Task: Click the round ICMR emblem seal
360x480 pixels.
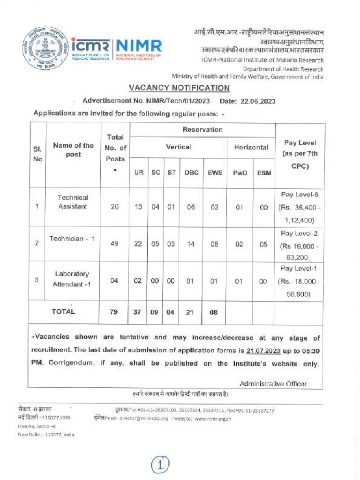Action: point(45,48)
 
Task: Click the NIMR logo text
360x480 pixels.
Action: point(139,46)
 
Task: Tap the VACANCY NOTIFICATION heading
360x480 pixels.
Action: point(180,88)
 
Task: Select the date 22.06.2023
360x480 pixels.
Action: point(258,101)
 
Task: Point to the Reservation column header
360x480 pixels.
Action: point(202,129)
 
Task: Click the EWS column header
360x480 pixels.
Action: point(214,172)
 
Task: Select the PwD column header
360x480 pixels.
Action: point(240,172)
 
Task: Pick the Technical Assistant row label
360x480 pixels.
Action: point(73,202)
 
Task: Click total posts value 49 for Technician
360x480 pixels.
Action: point(115,243)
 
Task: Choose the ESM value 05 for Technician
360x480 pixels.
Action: point(263,243)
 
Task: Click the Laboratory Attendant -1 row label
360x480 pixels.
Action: point(72,279)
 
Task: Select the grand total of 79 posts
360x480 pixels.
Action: point(114,312)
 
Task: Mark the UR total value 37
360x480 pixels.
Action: point(138,312)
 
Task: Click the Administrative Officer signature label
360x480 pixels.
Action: point(273,383)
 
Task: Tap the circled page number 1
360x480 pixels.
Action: point(160,465)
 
